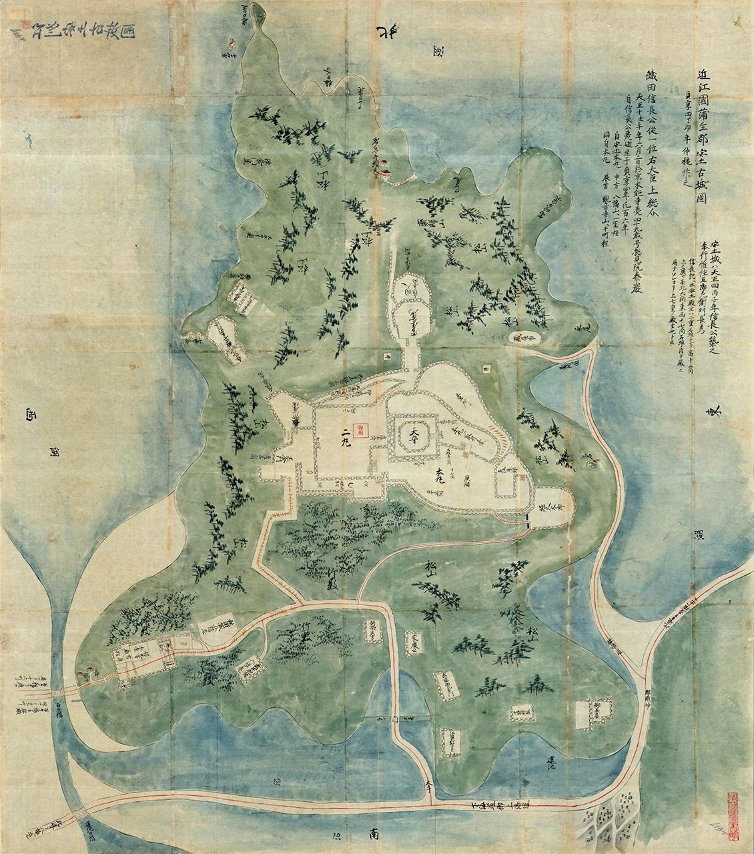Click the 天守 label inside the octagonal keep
coord(414,434)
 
